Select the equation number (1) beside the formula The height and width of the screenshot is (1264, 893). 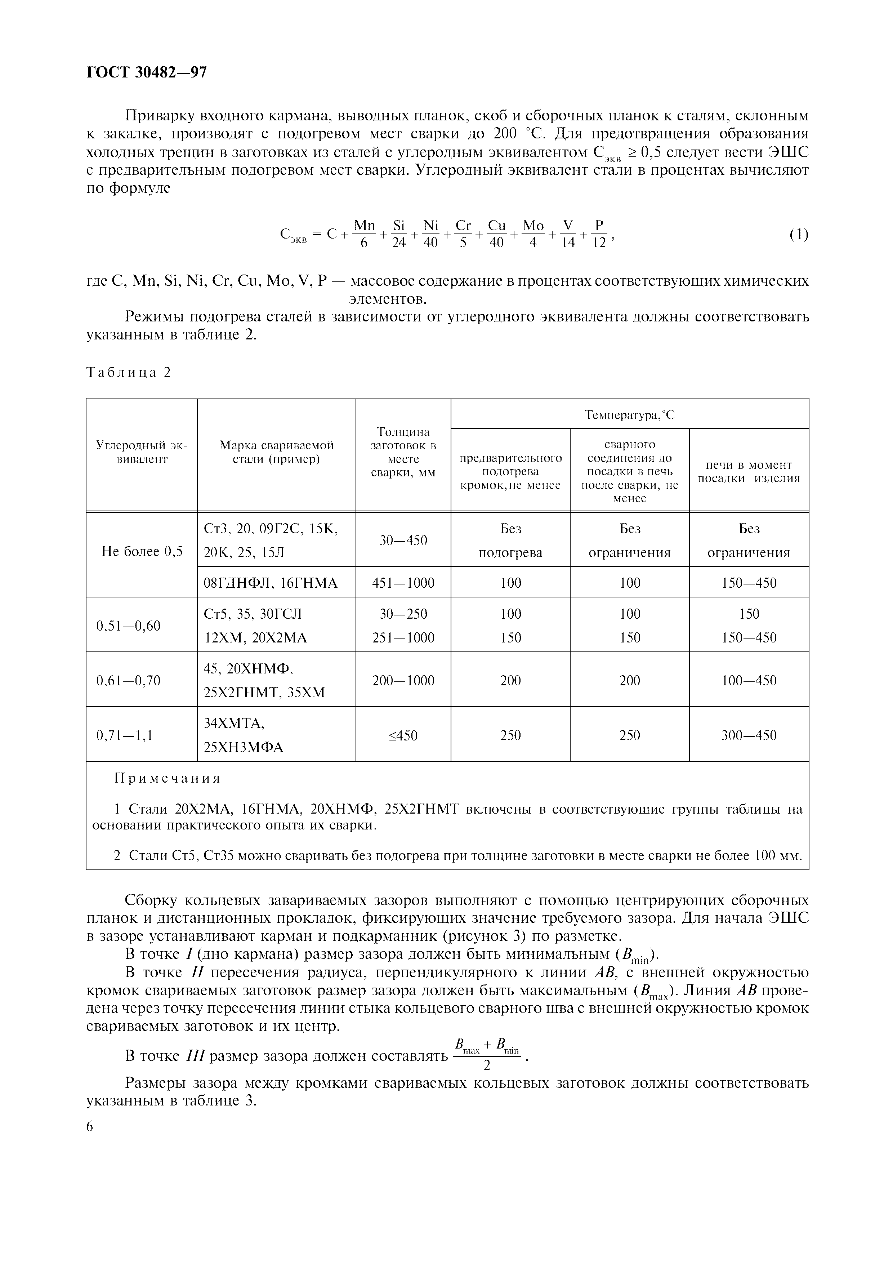(798, 235)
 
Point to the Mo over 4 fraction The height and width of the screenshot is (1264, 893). (533, 234)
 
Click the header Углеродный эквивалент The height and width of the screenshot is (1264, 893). (142, 452)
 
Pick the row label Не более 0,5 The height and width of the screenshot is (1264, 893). (142, 552)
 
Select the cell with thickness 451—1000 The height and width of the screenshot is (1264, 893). (403, 583)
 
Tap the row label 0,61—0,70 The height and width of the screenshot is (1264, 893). (128, 680)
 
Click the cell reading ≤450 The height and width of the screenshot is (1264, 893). (403, 735)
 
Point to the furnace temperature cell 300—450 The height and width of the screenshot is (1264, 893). (749, 735)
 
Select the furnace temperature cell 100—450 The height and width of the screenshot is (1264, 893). (749, 680)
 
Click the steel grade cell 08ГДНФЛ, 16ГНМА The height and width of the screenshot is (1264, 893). (271, 583)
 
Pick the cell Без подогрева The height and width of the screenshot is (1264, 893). (510, 540)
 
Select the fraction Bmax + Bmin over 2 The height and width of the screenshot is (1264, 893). (486, 1055)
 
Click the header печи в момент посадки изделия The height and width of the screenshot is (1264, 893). (749, 472)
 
